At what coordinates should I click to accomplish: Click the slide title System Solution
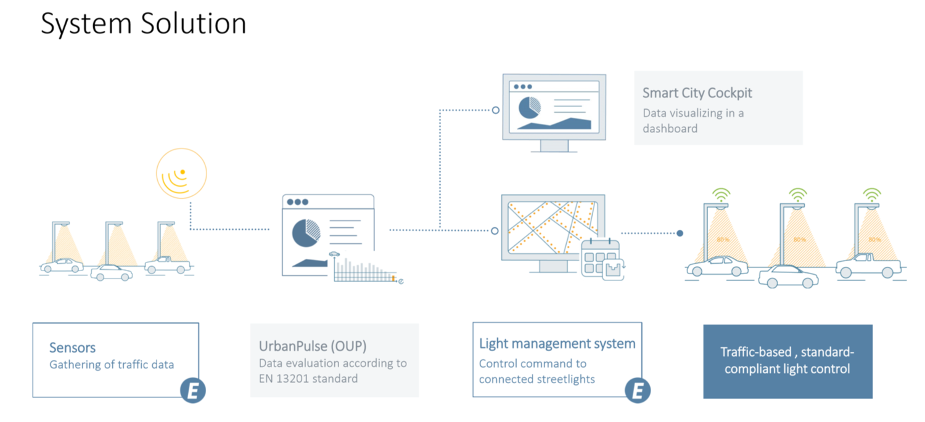(143, 24)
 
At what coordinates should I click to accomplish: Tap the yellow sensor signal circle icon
(181, 173)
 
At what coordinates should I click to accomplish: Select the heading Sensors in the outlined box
(72, 348)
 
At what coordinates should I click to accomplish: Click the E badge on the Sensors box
(192, 391)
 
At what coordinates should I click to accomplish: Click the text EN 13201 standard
(308, 378)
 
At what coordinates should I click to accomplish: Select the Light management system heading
(557, 343)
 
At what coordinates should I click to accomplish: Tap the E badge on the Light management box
(638, 390)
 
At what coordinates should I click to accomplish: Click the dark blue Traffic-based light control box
(787, 361)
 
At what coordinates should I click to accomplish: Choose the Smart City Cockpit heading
(697, 93)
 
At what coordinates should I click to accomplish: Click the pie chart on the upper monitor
(528, 107)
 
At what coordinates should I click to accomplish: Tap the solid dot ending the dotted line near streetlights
(680, 233)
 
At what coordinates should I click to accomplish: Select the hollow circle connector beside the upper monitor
(495, 110)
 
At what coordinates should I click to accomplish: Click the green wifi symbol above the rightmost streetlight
(871, 195)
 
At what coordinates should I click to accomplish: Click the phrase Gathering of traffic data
(112, 365)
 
